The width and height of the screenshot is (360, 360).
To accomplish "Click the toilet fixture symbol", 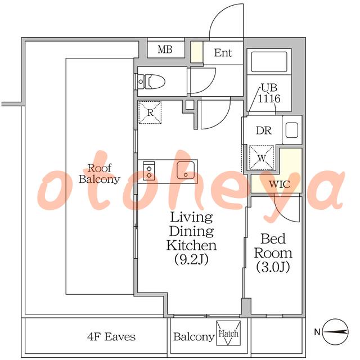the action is click(x=151, y=82).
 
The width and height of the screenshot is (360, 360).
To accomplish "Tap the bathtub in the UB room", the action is click(x=269, y=62).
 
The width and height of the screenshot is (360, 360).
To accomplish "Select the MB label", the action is click(x=165, y=49).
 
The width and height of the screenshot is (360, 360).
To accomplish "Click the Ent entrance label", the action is click(x=223, y=53).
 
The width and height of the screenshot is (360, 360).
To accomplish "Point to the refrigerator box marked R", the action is click(x=150, y=112).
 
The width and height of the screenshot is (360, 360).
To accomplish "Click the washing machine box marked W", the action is click(x=262, y=157).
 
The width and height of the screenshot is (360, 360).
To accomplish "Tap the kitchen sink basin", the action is click(x=186, y=170).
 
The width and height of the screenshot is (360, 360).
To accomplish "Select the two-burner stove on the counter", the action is click(x=148, y=171).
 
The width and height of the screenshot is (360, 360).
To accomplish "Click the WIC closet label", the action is click(x=280, y=184).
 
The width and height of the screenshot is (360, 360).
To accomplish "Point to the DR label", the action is click(x=264, y=130).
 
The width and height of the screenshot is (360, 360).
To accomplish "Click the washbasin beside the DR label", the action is click(x=292, y=130).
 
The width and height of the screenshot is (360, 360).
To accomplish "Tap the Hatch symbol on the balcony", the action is click(x=228, y=333).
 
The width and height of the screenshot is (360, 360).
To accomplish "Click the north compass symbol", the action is click(x=335, y=332).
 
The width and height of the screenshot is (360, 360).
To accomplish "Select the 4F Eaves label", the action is click(x=111, y=337).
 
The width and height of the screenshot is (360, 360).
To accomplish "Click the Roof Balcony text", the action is click(x=100, y=174).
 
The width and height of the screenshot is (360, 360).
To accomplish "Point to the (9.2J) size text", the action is click(x=191, y=259).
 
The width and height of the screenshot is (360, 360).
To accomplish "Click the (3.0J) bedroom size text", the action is click(x=273, y=267).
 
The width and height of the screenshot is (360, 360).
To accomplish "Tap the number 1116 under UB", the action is click(x=269, y=99).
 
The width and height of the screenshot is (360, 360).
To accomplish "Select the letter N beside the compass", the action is click(x=317, y=332).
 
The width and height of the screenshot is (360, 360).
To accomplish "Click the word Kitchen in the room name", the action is click(x=191, y=245).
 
